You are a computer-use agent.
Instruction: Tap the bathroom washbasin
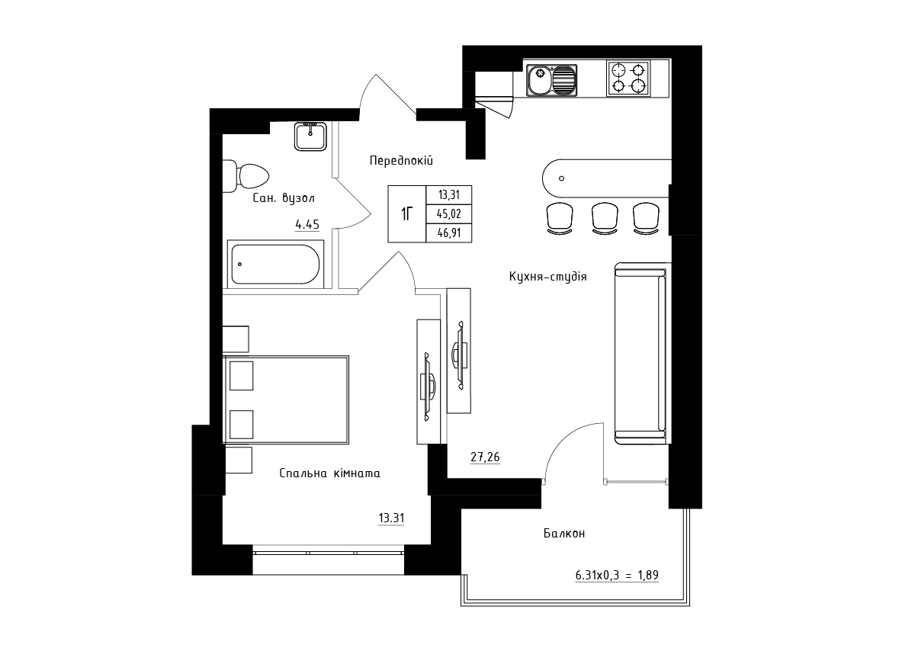[x=310, y=136]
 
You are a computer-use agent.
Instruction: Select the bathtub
[x=275, y=265]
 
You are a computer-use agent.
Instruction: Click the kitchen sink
[x=552, y=81]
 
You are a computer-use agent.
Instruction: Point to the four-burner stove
[x=628, y=79]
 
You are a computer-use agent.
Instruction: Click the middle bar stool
[x=605, y=219]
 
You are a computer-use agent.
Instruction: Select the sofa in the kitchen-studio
[x=640, y=354]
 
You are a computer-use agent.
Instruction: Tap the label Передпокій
[x=401, y=160]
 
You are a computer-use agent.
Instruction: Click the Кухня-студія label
[x=547, y=277]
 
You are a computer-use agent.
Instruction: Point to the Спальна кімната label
[x=329, y=473]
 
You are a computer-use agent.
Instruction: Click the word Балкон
[x=564, y=533]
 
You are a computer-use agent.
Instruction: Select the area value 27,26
[x=485, y=457]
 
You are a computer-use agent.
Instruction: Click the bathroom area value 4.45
[x=307, y=224]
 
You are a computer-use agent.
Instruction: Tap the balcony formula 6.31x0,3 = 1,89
[x=617, y=575]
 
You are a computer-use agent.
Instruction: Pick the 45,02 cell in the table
[x=449, y=214]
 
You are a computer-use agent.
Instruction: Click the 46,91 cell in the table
[x=449, y=233]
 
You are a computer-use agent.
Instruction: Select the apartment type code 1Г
[x=406, y=213]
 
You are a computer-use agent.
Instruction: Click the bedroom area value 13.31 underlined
[x=391, y=518]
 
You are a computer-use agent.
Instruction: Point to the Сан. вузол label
[x=284, y=198]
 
